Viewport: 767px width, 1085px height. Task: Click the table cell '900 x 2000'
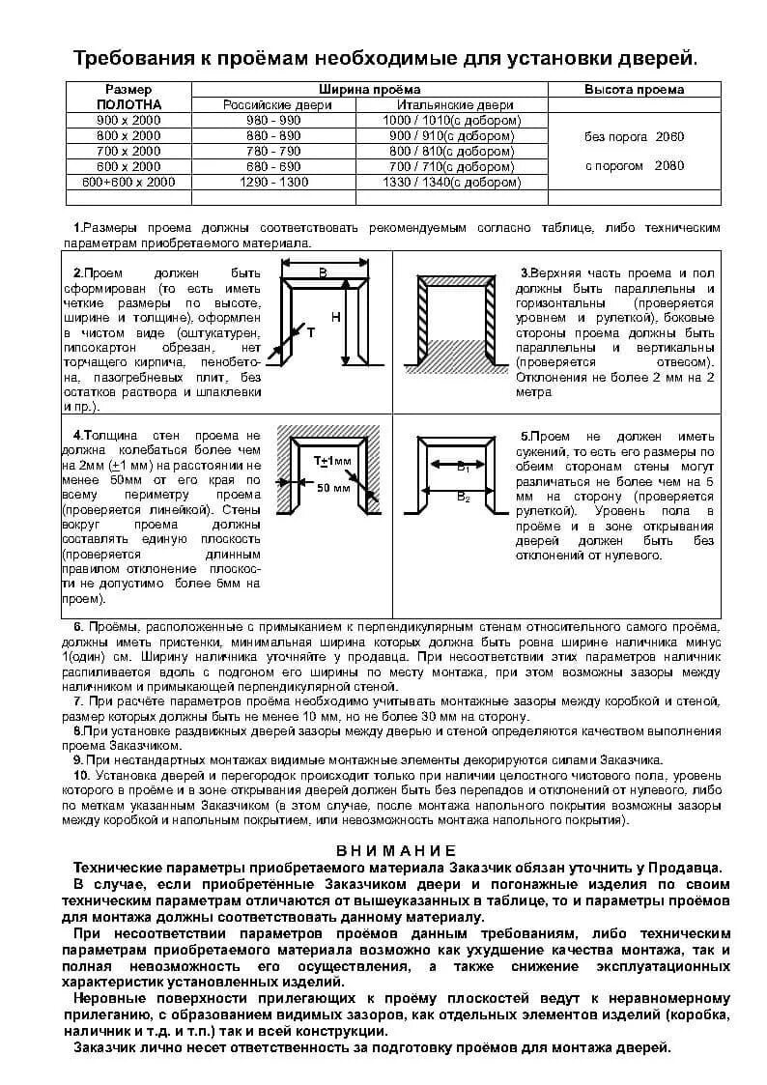[128, 120]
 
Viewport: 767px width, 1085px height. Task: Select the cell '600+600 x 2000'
[128, 182]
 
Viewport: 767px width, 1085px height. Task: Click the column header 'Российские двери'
[273, 104]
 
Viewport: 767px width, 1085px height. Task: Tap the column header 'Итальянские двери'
[451, 104]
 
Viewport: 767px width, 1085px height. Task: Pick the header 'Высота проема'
[634, 89]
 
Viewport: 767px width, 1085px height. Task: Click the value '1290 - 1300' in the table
[273, 182]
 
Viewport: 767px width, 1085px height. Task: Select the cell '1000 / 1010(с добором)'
[451, 120]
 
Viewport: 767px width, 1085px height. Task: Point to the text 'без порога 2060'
[634, 136]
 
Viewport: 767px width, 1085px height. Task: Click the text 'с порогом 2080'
[634, 165]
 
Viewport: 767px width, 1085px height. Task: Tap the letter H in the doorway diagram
[335, 317]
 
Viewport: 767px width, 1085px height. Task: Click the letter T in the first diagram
[310, 332]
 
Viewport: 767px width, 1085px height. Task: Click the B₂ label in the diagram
[463, 497]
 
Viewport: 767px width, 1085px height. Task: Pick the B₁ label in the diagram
[463, 467]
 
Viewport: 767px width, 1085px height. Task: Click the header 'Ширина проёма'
[369, 89]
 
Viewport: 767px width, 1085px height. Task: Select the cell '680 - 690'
[273, 166]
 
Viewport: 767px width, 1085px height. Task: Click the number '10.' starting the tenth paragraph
[81, 775]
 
